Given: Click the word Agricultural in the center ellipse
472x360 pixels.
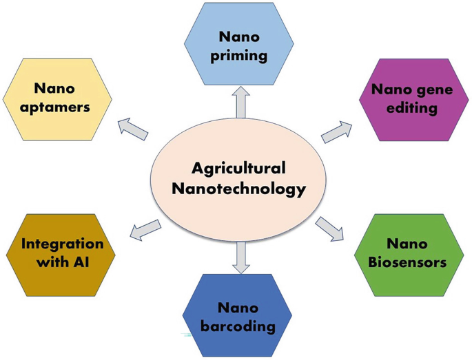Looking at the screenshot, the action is (238, 168).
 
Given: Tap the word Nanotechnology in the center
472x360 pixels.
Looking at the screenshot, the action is (238, 189).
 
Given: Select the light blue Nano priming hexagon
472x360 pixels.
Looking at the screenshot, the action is (238, 44).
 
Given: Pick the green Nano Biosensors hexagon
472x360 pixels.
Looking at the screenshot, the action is (407, 254).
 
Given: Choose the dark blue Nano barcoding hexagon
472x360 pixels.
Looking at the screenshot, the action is (237, 316).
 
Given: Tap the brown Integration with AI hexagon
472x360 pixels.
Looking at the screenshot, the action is (62, 253).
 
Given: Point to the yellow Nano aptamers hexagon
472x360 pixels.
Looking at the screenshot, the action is (58, 98).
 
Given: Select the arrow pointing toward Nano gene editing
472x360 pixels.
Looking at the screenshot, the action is (337, 131).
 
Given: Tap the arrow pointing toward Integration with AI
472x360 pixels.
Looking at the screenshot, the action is (145, 230).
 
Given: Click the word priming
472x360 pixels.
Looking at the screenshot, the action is (239, 55).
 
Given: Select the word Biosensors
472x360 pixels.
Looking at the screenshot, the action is (407, 262).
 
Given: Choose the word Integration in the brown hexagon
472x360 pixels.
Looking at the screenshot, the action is (62, 244).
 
